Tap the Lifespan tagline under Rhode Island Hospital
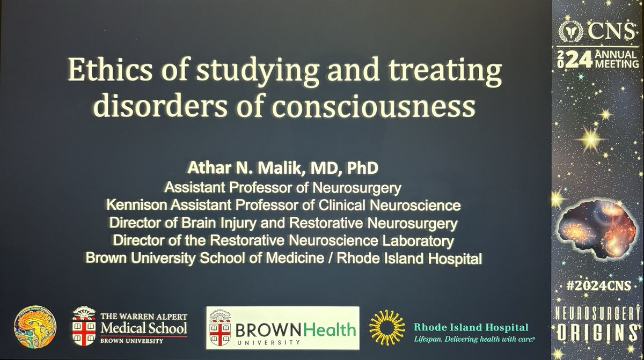coord(475,339)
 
